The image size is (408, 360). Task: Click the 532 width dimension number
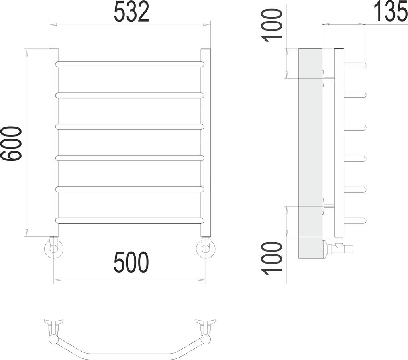[131, 12]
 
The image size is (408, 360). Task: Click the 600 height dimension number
[11, 144]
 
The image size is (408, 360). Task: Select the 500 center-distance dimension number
[131, 263]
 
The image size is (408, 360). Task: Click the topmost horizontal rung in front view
[130, 64]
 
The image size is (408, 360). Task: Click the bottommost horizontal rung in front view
[130, 220]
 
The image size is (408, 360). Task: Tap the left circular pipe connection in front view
[53, 249]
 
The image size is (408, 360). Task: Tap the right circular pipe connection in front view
[206, 249]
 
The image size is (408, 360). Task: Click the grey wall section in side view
[310, 153]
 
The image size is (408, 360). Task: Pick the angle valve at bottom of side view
[339, 248]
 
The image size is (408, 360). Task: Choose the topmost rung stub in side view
[355, 65]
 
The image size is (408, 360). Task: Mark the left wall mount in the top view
[53, 322]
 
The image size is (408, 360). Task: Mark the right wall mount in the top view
[206, 322]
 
